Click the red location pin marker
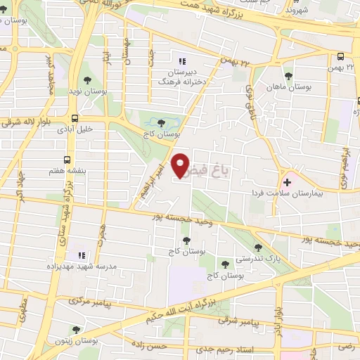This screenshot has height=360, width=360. (x=182, y=165)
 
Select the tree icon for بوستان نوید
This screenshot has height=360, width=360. (x=87, y=81)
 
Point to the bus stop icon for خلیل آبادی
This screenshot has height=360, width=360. (x=75, y=118)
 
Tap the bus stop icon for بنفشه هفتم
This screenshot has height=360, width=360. (x=67, y=159)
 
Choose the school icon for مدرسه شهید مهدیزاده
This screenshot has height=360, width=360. (x=81, y=255)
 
